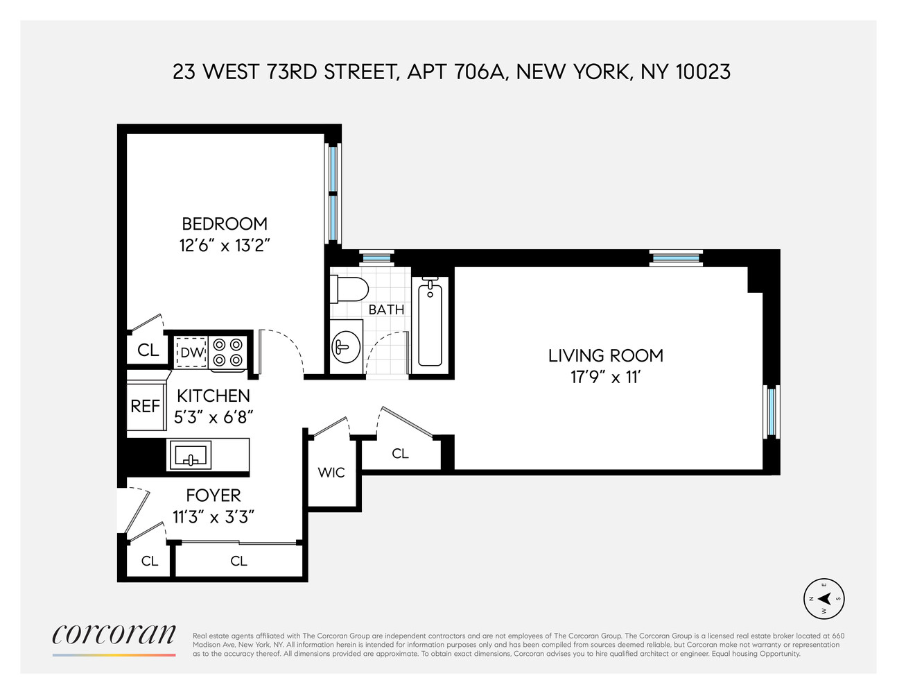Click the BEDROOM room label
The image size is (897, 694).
point(224,223)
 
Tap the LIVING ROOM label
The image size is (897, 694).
point(605,355)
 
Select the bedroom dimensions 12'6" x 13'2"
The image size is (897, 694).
point(224,245)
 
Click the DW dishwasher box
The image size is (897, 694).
point(192,352)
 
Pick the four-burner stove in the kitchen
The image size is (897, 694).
point(228,352)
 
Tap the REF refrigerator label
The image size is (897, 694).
point(146,406)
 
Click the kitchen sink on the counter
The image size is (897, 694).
point(190,455)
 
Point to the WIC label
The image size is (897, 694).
point(331,473)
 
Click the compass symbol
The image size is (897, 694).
point(824,598)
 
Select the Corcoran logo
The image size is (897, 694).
point(114,635)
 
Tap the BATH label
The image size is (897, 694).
point(386,310)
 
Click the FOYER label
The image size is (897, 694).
point(214,496)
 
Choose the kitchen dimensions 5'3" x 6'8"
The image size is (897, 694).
point(214,416)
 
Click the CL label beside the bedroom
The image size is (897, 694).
point(148,350)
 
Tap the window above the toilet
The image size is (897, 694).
point(377,258)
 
